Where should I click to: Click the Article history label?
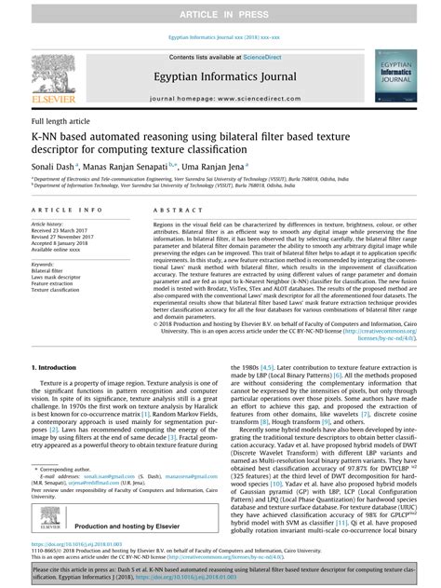47,225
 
